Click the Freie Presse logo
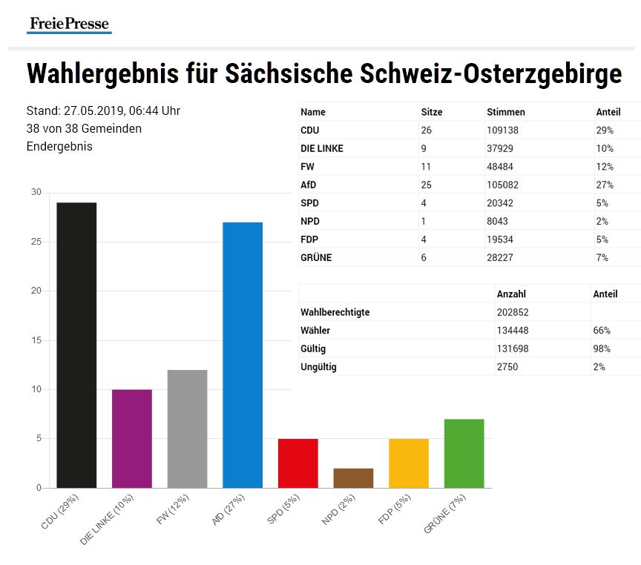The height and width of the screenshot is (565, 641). point(70,24)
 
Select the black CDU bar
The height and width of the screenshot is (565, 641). point(76,345)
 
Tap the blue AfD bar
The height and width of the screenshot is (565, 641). point(243,354)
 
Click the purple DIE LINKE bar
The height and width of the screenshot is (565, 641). point(132,438)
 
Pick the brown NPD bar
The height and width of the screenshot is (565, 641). point(353,478)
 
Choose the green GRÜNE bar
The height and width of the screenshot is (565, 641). point(464,453)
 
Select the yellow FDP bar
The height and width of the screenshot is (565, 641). point(409,463)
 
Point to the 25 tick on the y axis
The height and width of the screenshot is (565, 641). point(36,242)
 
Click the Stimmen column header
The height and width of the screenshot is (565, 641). point(505,112)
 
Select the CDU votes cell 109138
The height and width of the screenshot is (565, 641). point(504,130)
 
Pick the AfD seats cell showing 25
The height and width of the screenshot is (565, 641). point(427,185)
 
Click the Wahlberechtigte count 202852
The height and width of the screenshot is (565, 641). point(513,312)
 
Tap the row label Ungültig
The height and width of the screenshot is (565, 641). point(318,366)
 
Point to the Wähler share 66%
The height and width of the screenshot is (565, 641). point(601,331)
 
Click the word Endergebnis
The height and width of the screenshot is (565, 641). point(59,146)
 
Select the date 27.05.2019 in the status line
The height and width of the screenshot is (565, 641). point(93,111)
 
